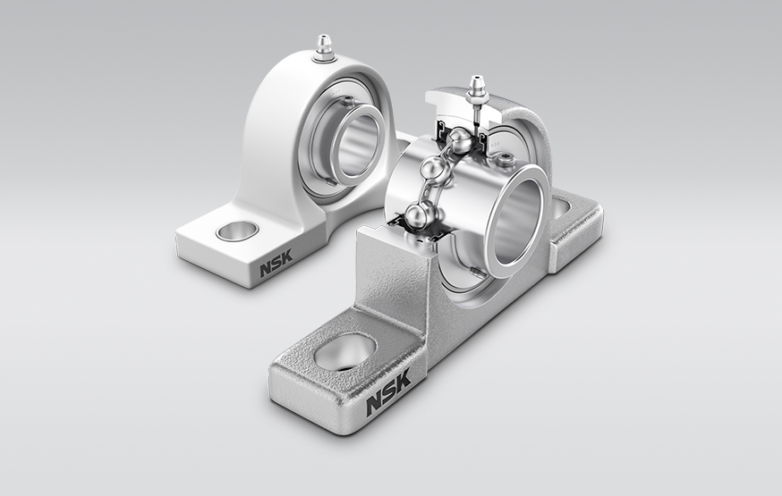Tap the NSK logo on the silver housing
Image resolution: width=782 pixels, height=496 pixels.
pos(388,391)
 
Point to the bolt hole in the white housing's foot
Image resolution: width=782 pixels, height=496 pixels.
pos(237,231)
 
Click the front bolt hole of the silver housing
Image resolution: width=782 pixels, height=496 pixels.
pos(344,350)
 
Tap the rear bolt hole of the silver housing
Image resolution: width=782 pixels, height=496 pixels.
pos(560,208)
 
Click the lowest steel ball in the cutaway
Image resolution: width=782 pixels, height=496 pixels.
pos(418,214)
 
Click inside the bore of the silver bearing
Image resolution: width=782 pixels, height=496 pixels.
pos(519,223)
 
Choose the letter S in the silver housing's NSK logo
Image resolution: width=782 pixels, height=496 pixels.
pos(389,391)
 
